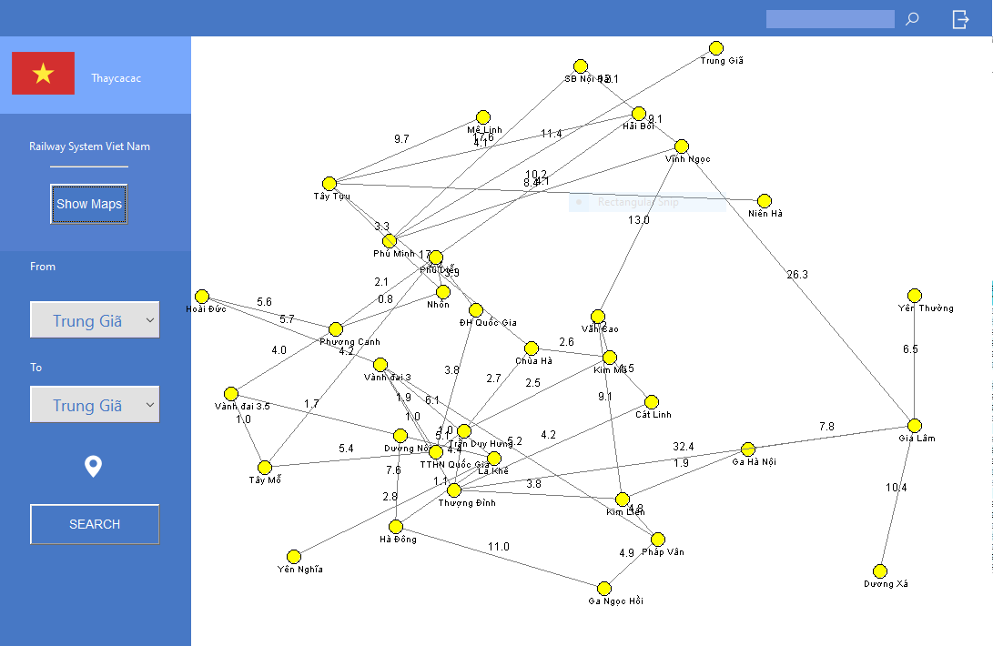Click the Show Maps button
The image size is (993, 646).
pos(88,204)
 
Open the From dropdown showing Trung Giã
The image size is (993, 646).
pos(95,320)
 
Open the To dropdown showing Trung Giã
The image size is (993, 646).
pos(95,405)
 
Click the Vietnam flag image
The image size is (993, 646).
pos(43,74)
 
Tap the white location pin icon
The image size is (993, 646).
pos(93,467)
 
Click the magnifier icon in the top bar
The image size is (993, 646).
pos(912,19)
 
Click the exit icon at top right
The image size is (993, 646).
pos(961,19)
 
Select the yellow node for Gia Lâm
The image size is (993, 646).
pos(915,426)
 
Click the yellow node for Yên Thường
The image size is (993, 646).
pos(915,296)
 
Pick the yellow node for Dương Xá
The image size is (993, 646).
pos(880,570)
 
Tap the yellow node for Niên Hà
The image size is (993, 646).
pos(765,201)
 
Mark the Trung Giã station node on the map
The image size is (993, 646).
pos(716,48)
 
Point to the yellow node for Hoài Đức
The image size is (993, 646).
pos(202,297)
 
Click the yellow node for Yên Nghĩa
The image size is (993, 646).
pos(294,557)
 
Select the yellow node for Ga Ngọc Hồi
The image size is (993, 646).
pos(604,589)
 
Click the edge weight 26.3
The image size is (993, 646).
pos(797,275)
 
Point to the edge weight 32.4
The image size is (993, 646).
pos(684,447)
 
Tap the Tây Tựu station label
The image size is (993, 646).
pos(331,197)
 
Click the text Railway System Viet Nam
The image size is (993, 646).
pos(89,146)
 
